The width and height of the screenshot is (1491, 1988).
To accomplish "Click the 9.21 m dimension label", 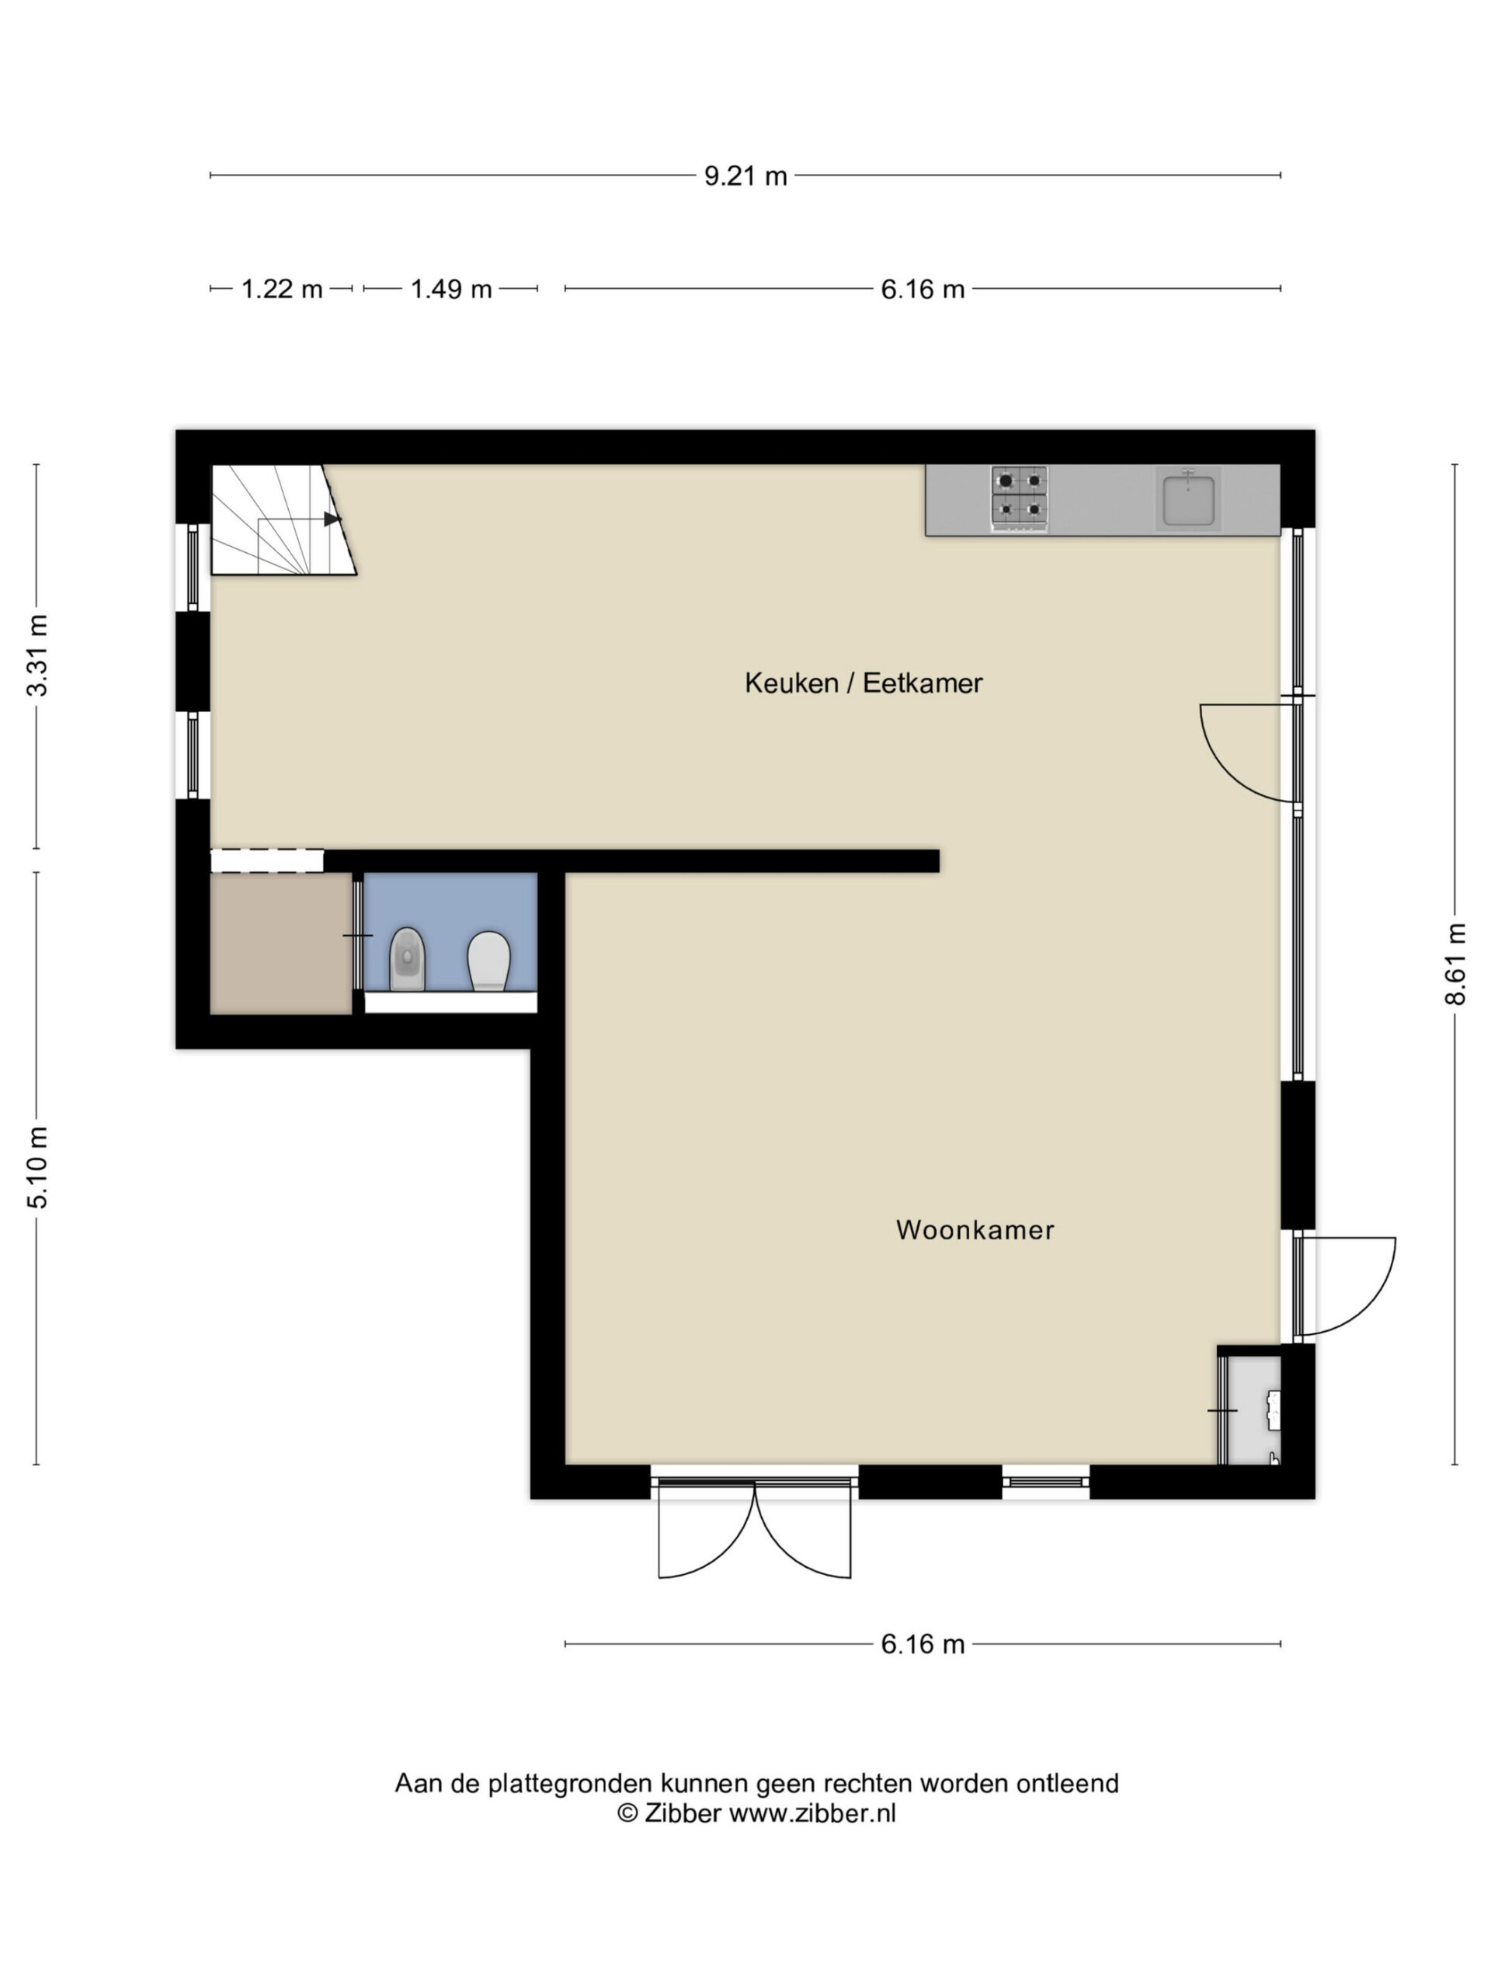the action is [x=745, y=176].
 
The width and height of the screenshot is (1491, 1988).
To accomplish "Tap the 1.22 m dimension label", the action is [x=281, y=290].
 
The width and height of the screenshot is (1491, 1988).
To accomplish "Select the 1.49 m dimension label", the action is [x=451, y=290].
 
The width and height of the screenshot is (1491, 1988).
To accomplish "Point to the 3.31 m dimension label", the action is [x=36, y=655].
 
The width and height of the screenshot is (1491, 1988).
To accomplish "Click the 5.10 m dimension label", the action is [x=36, y=1166].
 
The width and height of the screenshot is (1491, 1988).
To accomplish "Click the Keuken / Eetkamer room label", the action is [x=863, y=683].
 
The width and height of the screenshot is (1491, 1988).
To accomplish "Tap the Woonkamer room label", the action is [x=975, y=1229].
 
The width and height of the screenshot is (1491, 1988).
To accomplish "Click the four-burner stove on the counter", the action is [x=1019, y=499].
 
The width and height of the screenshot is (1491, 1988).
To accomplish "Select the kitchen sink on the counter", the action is [x=1188, y=499].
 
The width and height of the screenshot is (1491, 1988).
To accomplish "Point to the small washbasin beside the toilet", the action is [x=407, y=959].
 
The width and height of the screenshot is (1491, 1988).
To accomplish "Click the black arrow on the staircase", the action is [x=332, y=519].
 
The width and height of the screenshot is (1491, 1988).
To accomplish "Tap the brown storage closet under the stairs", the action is [x=280, y=943].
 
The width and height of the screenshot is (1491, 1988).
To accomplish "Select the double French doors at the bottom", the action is [x=754, y=1531].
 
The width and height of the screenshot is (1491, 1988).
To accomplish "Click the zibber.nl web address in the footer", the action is [x=812, y=1812].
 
